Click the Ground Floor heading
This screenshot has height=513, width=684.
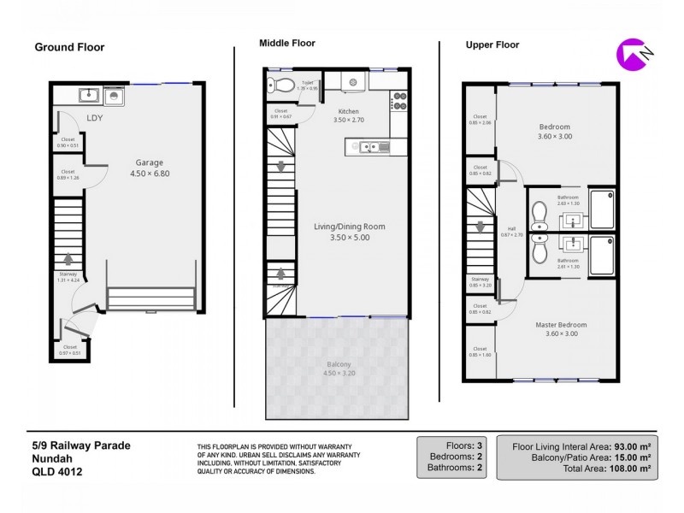(69, 47)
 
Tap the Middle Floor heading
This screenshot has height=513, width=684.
(287, 43)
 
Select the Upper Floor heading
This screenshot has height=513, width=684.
(492, 44)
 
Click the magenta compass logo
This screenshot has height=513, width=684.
(631, 55)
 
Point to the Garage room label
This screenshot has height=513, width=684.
(149, 162)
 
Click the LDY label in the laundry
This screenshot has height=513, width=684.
(94, 118)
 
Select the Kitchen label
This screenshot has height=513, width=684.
(348, 112)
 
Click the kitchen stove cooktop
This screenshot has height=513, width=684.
(398, 102)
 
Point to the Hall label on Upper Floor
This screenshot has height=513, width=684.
(511, 228)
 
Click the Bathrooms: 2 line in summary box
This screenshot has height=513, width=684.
(451, 469)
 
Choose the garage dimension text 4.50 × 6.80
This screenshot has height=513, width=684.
(149, 174)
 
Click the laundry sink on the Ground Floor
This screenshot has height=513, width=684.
(86, 95)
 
